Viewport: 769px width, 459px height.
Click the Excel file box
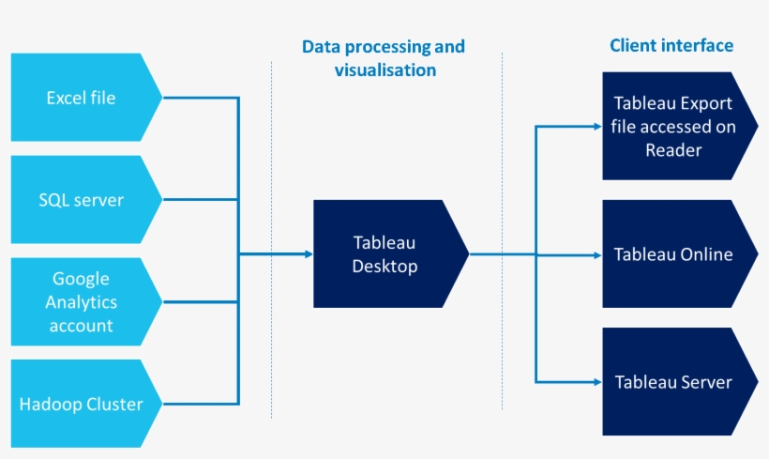pyautogui.click(x=83, y=97)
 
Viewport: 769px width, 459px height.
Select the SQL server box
pyautogui.click(x=83, y=200)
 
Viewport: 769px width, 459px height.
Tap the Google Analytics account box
pyautogui.click(x=83, y=302)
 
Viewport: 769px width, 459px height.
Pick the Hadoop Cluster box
pyautogui.click(x=83, y=405)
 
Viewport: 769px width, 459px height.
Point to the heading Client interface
pyautogui.click(x=671, y=45)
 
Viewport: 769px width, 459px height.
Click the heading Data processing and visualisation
pyautogui.click(x=384, y=58)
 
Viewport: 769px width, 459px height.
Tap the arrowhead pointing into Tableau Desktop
pyautogui.click(x=308, y=254)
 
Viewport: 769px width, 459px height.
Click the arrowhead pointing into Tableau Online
pyautogui.click(x=596, y=254)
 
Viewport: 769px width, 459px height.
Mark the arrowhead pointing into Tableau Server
pyautogui.click(x=596, y=382)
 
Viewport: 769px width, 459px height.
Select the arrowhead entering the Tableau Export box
pyautogui.click(x=596, y=127)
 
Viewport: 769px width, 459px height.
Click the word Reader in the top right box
pyautogui.click(x=673, y=150)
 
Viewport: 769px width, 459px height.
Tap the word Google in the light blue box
pyautogui.click(x=81, y=279)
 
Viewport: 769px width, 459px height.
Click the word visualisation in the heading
pyautogui.click(x=384, y=70)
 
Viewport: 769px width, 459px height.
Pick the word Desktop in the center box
pyautogui.click(x=384, y=267)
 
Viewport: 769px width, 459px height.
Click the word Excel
pyautogui.click(x=66, y=97)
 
